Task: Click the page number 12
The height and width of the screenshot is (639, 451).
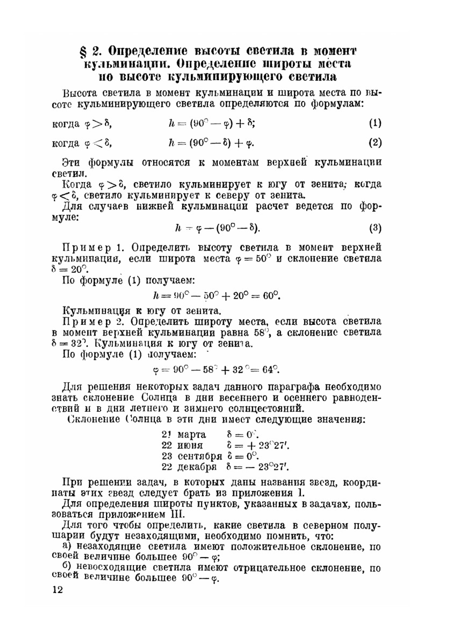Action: point(58,590)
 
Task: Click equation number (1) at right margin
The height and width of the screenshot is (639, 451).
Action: point(375,123)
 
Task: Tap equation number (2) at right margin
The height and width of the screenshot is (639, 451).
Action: point(375,143)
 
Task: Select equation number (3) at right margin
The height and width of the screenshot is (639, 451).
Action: point(375,228)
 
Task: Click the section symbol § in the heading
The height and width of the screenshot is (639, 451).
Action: point(82,50)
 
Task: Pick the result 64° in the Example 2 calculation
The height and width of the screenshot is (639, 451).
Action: point(270,370)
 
